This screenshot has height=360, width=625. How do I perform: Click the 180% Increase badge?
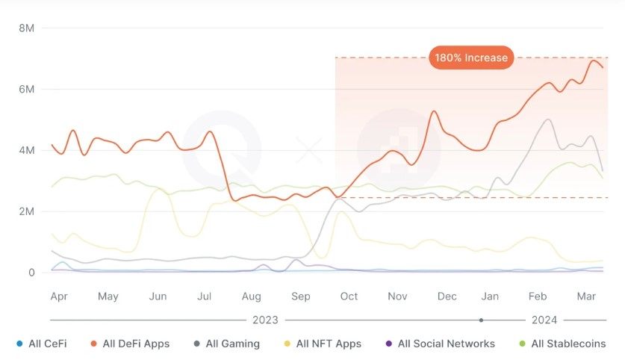(471, 58)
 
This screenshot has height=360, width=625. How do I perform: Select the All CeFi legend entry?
(46, 344)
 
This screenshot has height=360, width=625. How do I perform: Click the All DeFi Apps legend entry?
(135, 344)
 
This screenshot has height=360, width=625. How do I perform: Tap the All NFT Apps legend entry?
(328, 344)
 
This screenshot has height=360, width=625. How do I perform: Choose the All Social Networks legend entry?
(446, 344)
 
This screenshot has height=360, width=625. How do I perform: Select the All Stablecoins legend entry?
(568, 344)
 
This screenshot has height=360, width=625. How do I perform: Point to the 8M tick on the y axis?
(27, 28)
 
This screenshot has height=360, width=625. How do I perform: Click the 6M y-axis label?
(27, 90)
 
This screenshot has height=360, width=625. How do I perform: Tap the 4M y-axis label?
(27, 151)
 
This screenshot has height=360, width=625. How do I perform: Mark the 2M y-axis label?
(27, 212)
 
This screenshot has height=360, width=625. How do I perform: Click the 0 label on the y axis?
(31, 273)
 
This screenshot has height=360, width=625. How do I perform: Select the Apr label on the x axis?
(59, 297)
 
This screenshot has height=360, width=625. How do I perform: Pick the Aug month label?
(251, 297)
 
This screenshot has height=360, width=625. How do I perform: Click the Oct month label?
(349, 297)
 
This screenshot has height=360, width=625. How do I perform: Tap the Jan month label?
(491, 297)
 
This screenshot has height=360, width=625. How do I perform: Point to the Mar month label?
(585, 297)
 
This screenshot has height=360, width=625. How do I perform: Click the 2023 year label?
(265, 320)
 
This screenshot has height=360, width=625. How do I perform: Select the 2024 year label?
(544, 320)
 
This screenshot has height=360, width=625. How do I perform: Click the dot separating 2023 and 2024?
(482, 320)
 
